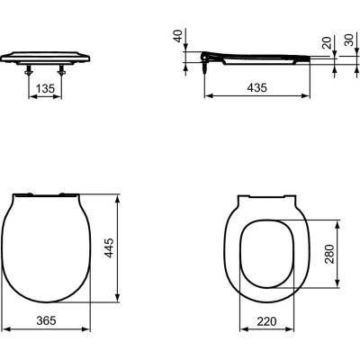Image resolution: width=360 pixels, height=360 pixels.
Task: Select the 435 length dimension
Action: pos(259,88)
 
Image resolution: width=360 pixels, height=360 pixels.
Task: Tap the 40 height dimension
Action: pos(179,37)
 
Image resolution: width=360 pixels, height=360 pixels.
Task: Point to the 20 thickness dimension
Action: pos(325,45)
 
